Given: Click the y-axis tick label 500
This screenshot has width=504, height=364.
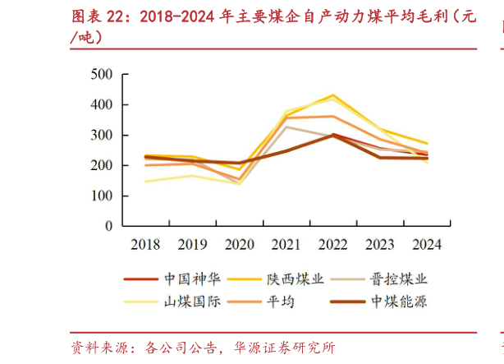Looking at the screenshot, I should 101,75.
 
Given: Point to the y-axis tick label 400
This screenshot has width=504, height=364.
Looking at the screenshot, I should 101,105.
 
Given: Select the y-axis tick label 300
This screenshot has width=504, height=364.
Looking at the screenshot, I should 101,136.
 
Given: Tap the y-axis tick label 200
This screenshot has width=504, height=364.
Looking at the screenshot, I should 101,166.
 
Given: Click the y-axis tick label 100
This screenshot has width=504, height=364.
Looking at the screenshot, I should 101,196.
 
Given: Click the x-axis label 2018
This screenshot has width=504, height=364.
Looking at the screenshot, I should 145,244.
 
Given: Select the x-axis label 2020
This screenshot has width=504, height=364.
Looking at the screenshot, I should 239,244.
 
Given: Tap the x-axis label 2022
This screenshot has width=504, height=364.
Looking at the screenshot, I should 332,244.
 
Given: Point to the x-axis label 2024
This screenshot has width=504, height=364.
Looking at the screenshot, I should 426,244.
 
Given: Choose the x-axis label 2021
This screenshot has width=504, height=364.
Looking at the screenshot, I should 286,244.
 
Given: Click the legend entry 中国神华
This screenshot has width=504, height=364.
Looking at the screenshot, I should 192,279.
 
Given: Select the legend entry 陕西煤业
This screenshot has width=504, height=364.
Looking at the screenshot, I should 295,279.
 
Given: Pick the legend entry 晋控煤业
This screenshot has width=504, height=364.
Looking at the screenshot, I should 398,279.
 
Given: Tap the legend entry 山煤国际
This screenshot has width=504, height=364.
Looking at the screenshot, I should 192,302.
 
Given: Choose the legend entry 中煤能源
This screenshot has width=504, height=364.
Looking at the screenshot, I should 398,302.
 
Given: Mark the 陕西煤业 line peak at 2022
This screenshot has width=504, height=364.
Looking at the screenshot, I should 332,95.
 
